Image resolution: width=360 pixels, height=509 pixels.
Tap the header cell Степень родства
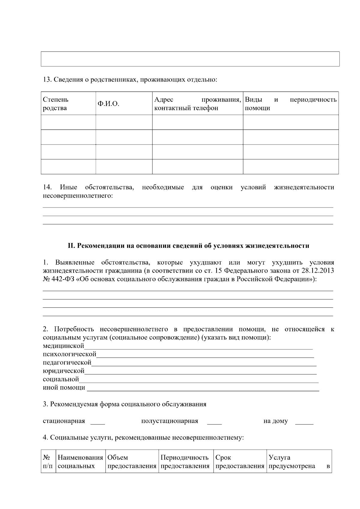[x=55, y=104]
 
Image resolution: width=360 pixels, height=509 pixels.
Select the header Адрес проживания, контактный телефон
[x=197, y=104]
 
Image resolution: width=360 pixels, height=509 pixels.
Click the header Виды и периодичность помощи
[x=290, y=104]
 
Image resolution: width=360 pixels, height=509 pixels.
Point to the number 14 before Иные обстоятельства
[x=47, y=187]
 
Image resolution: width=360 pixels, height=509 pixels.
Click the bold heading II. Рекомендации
[x=188, y=246]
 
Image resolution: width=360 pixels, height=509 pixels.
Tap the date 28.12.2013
[x=318, y=271]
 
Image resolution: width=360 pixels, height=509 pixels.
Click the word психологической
[x=70, y=355]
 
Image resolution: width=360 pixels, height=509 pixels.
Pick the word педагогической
[x=67, y=363]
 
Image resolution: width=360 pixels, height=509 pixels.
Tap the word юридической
[x=64, y=371]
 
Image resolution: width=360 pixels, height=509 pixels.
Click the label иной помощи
[x=64, y=388]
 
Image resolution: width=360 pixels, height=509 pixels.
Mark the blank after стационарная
[x=97, y=422]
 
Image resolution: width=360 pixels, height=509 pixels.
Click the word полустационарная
[x=169, y=421]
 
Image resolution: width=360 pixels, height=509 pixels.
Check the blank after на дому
[x=304, y=422]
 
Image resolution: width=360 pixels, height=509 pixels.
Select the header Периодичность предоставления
[x=185, y=462]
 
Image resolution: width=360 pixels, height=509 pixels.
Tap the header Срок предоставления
[x=240, y=462]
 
